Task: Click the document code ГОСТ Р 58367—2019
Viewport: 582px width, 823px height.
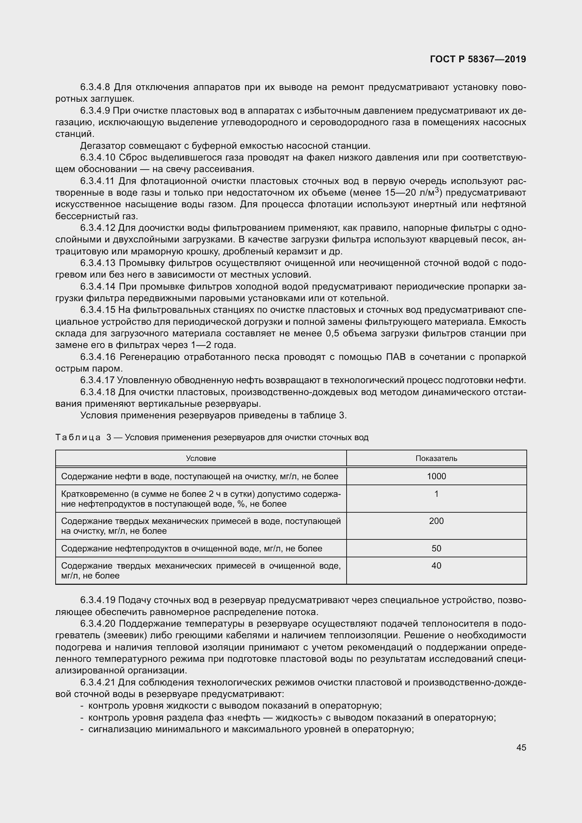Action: (478, 59)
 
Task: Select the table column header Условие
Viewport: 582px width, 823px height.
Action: (201, 458)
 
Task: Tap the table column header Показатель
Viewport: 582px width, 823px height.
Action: (436, 458)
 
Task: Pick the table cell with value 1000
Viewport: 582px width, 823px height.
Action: (436, 476)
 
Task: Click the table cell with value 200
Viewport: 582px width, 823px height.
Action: (436, 521)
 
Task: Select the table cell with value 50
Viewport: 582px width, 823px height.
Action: (436, 549)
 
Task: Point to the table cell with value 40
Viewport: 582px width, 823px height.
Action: (436, 566)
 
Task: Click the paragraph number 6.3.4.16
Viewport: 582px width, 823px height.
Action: (98, 357)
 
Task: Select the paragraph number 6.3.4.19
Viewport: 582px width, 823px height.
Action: (98, 600)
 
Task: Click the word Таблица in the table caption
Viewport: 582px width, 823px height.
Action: (78, 438)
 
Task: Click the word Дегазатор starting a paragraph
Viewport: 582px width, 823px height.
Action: (103, 146)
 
